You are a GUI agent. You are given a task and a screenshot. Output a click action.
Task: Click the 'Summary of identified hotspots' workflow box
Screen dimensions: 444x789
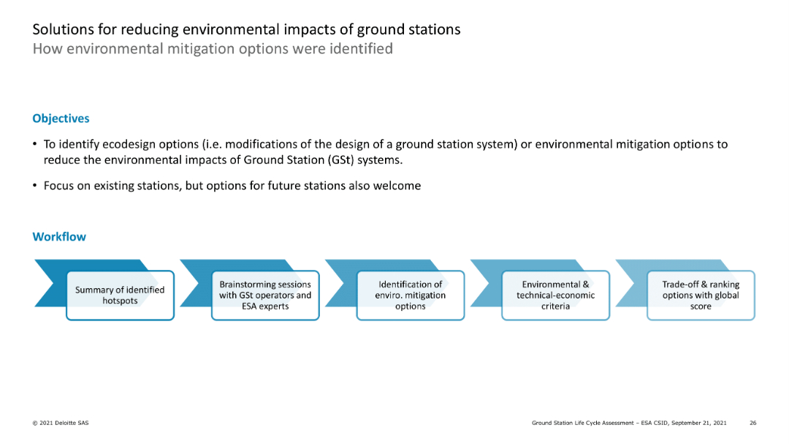click(x=120, y=296)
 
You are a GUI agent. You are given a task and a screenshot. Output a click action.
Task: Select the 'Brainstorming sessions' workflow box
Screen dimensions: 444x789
click(x=265, y=296)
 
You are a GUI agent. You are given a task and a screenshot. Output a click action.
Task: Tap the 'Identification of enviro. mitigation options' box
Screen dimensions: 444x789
click(x=410, y=296)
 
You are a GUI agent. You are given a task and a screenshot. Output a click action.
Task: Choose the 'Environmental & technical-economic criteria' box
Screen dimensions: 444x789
click(x=555, y=296)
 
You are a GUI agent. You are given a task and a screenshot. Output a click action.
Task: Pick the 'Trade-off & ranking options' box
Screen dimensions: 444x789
click(x=701, y=296)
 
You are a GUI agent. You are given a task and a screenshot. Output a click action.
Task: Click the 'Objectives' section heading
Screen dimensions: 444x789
click(x=61, y=118)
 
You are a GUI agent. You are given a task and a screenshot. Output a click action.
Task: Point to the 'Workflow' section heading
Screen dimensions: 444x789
click(x=59, y=237)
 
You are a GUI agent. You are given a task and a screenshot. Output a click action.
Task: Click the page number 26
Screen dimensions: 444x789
click(x=752, y=424)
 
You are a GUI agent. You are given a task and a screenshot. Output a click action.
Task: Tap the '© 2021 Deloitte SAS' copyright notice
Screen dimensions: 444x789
click(x=61, y=424)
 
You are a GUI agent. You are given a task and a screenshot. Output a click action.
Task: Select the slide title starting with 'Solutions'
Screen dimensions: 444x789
click(x=246, y=30)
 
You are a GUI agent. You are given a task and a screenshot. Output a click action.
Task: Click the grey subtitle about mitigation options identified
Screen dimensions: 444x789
click(x=213, y=49)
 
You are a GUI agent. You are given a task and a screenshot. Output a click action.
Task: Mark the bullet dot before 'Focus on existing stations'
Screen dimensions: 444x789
click(x=35, y=186)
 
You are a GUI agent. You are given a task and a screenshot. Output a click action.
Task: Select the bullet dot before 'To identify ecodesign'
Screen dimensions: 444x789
click(x=35, y=145)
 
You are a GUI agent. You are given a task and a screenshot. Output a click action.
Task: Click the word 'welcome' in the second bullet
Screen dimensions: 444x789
click(x=398, y=186)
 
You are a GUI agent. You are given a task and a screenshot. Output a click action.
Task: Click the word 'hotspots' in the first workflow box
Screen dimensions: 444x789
click(x=120, y=301)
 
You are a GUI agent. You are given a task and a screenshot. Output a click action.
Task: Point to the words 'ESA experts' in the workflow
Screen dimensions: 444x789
click(x=265, y=306)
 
